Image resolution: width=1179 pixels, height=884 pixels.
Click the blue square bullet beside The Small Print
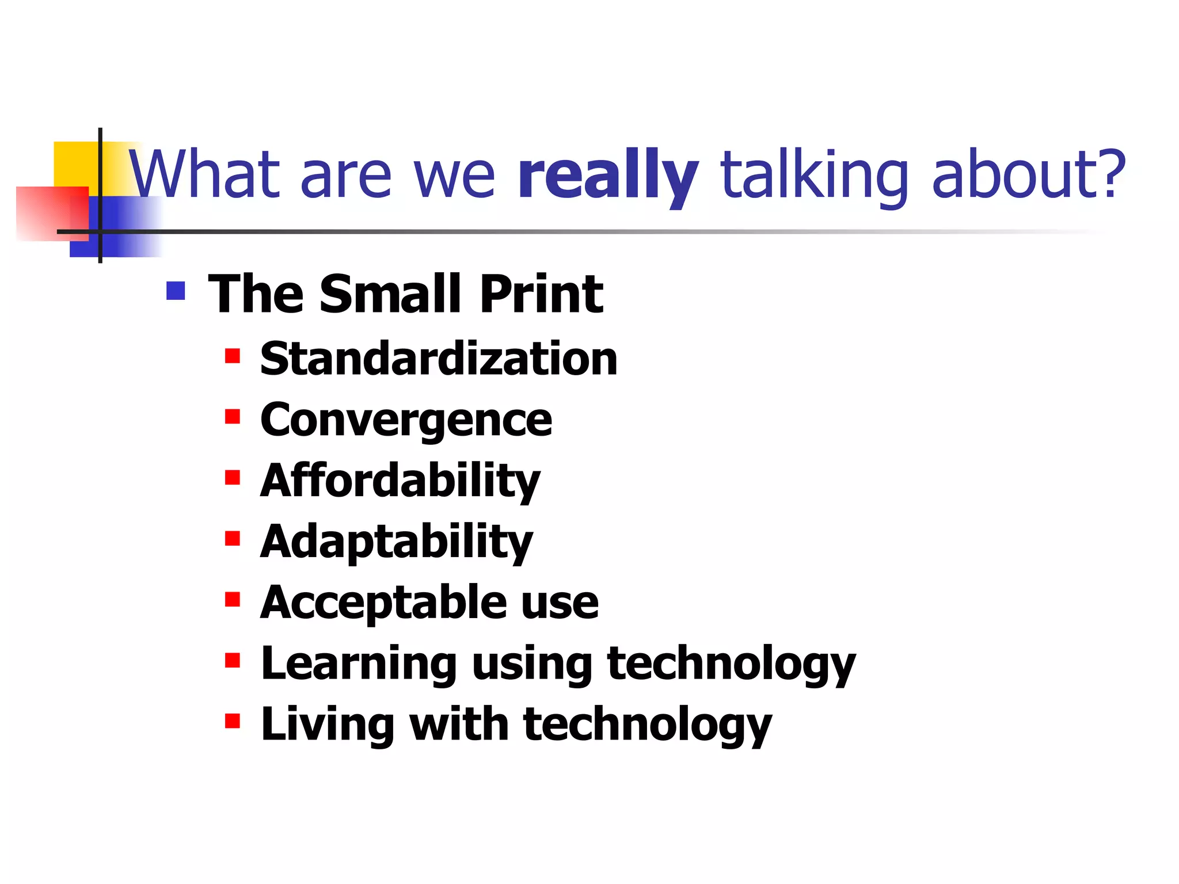pos(176,291)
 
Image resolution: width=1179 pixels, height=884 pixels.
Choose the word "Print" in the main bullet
pos(541,294)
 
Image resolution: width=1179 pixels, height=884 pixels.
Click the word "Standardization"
pos(439,359)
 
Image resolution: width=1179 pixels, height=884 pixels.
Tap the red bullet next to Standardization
pos(233,356)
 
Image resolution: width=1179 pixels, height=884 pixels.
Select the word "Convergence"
pos(406,421)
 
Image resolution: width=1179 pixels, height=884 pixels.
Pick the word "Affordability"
pos(400,481)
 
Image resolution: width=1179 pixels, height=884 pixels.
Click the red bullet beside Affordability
pos(233,478)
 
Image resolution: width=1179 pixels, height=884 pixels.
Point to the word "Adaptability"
pos(397,542)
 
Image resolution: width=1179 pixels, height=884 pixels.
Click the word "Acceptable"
pos(382,603)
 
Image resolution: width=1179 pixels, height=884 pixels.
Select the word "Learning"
pos(359,664)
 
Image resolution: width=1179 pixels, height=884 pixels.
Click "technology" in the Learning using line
pos(731,664)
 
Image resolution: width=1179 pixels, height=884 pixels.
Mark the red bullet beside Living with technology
pos(233,721)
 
